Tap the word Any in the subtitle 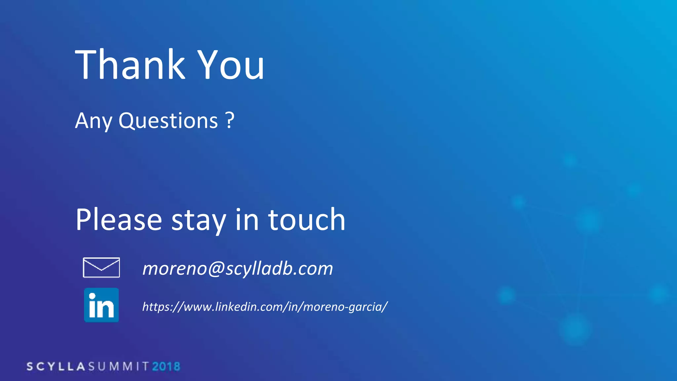94,121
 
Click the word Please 119,220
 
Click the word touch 306,220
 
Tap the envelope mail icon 101,267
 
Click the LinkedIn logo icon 101,305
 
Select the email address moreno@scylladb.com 237,268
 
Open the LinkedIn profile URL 264,307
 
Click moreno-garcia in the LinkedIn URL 343,307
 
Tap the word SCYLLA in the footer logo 56,366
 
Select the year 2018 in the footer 166,366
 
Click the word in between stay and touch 247,220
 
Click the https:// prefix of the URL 162,307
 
